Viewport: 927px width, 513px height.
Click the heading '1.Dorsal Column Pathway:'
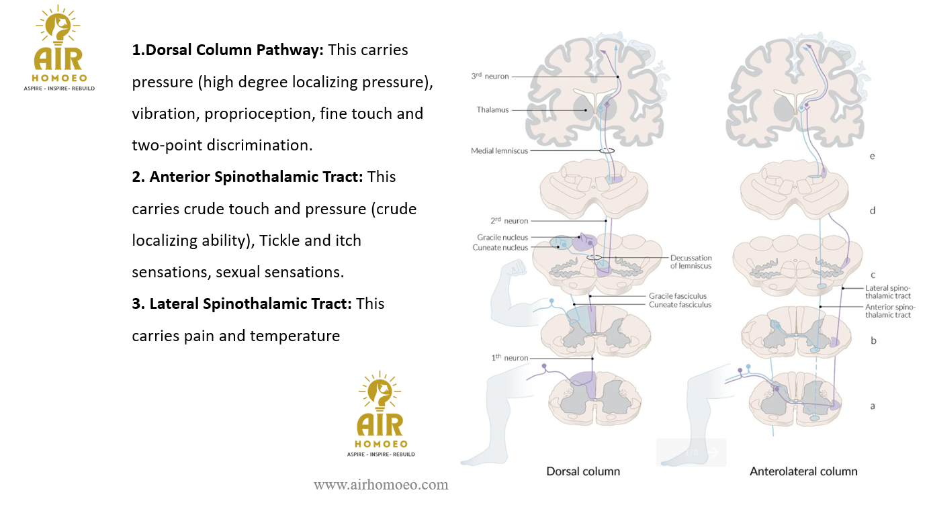[x=228, y=50]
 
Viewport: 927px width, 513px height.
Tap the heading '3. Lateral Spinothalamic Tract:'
[x=241, y=304]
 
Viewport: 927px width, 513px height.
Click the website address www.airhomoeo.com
[x=381, y=485]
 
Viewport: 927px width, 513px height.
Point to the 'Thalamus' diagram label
[x=492, y=109]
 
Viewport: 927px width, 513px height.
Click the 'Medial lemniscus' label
[x=499, y=151]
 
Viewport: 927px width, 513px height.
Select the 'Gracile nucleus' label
[x=502, y=238]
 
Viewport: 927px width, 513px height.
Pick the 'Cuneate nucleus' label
[x=500, y=248]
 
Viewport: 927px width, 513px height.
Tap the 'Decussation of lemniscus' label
[x=691, y=262]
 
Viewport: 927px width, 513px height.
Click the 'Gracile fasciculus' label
[x=677, y=296]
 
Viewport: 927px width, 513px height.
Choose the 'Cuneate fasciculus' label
[x=679, y=305]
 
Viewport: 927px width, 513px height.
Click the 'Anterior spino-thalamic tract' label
[x=888, y=311]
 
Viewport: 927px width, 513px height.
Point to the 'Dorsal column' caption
[x=583, y=471]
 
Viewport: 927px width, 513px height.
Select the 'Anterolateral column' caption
[x=803, y=471]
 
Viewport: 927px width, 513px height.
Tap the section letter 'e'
[x=872, y=156]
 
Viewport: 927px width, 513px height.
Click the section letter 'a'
[x=873, y=406]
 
